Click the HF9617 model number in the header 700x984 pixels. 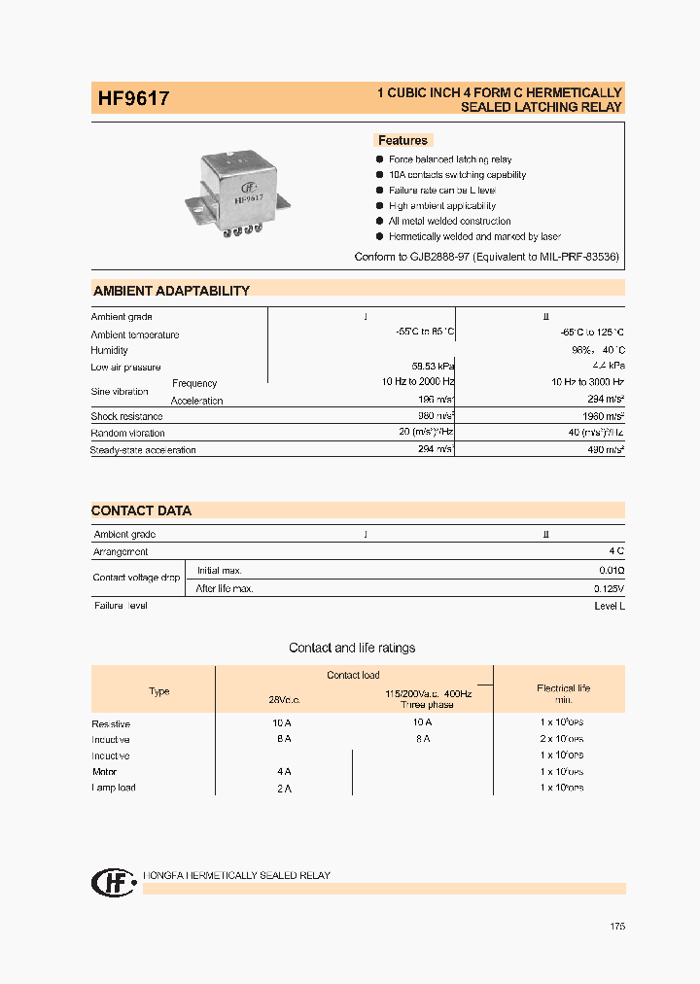134,98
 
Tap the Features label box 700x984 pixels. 402,140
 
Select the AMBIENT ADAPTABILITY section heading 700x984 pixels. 171,291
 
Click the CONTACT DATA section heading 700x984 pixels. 142,510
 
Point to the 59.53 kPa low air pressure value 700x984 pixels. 432,367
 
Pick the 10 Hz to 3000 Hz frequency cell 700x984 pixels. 586,383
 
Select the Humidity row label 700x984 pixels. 110,350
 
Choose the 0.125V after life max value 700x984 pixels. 609,588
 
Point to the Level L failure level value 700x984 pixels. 609,606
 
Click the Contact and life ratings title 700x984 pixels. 352,648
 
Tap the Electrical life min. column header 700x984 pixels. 563,693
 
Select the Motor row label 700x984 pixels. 104,772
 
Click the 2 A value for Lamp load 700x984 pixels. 283,789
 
